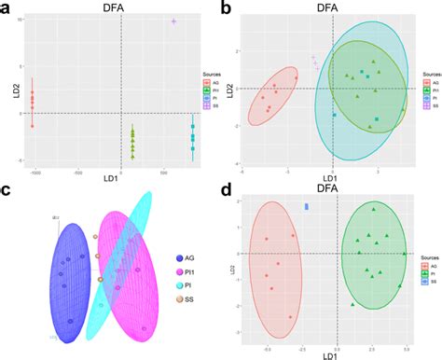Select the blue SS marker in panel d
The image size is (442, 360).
click(306, 206)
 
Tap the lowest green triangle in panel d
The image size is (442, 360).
click(353, 305)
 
